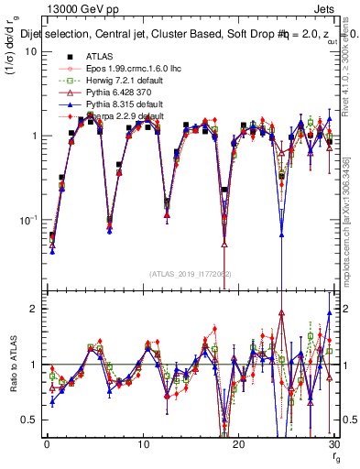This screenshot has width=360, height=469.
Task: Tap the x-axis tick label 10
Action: pos(142,444)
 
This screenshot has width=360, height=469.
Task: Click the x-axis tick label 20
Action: pos(238,444)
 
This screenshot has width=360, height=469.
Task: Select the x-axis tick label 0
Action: pos(47,444)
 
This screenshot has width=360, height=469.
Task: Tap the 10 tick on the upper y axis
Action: pos(29,51)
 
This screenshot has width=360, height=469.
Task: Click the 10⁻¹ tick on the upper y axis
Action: pos(27,220)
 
